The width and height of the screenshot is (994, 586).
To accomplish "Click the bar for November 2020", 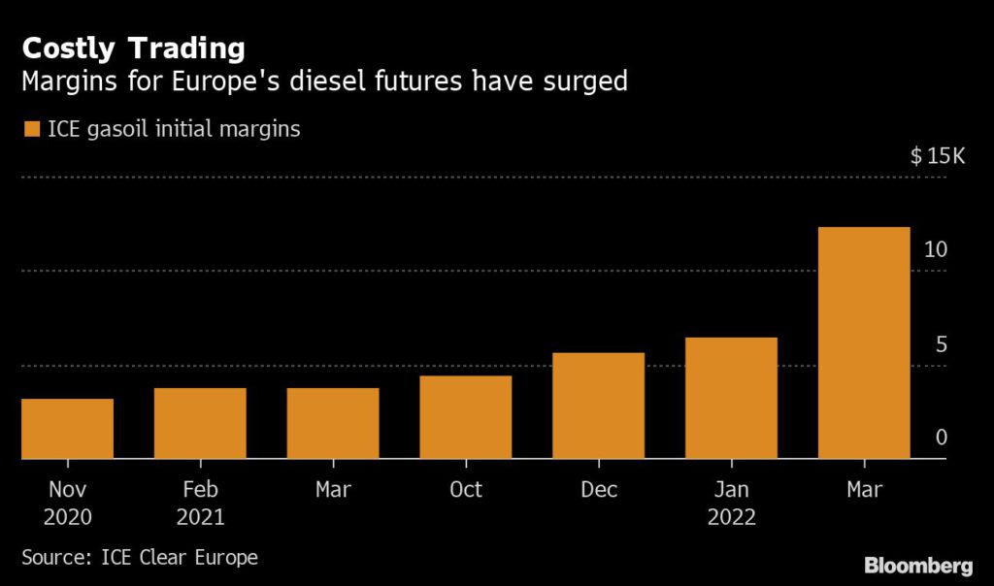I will pos(67,428).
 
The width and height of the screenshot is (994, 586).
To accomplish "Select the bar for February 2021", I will pos(200,423).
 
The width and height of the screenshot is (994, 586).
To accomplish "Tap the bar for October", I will pos(465,417).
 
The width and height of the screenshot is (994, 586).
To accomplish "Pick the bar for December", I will pos(598,406).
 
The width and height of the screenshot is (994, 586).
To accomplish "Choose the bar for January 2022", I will pos(731,398).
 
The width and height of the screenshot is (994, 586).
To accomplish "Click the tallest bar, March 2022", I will pos(864,342).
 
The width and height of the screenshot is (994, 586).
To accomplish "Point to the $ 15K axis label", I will pos(937,156).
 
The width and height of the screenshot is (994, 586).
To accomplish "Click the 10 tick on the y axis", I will pos(935,249).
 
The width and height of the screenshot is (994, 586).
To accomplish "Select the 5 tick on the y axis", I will pos(940,344).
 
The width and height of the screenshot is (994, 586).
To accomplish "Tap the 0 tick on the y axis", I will pos(941,439).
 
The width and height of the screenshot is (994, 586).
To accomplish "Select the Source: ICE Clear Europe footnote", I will pos(139,558).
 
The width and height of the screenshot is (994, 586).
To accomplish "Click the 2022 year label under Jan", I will pos(731,517).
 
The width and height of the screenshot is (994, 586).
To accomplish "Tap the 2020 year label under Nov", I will pos(67,517).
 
